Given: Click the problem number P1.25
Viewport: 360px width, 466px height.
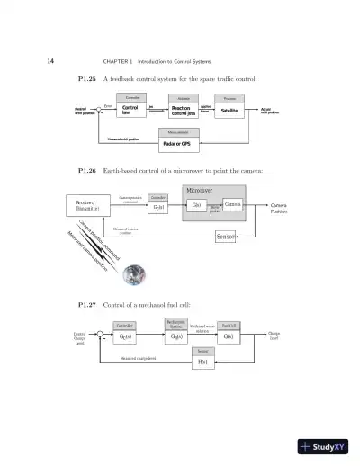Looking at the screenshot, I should (91, 81).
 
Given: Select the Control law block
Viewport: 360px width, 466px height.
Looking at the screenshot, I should (130, 111).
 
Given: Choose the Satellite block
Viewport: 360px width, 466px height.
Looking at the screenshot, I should (229, 111).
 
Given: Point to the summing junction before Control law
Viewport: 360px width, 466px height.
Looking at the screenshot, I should (99, 110).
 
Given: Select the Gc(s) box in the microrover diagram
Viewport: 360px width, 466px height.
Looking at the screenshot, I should (158, 207).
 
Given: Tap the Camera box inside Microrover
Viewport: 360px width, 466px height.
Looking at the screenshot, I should (232, 205).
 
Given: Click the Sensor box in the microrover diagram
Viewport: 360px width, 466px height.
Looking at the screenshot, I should (226, 237).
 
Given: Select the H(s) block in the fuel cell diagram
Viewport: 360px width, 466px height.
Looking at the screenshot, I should (202, 362).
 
